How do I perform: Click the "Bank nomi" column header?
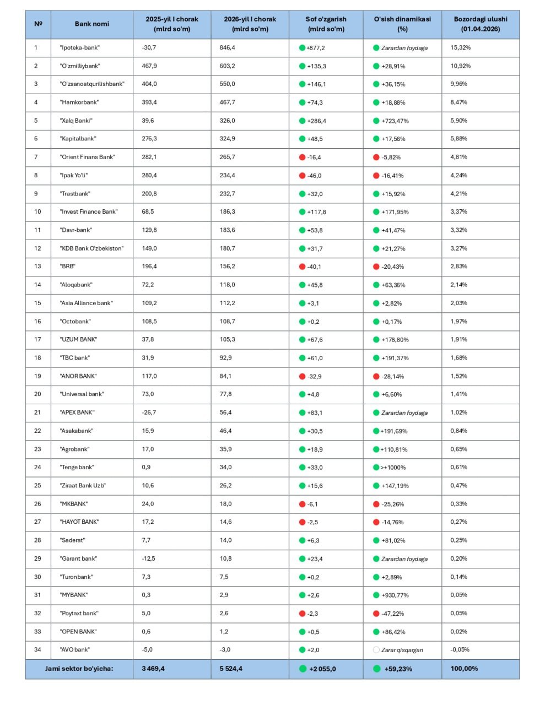pyautogui.click(x=91, y=24)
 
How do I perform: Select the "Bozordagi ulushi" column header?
pyautogui.click(x=480, y=24)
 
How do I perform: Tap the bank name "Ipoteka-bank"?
pyautogui.click(x=79, y=48)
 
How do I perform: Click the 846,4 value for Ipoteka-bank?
pyautogui.click(x=227, y=48)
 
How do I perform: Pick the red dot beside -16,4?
pyautogui.click(x=302, y=158)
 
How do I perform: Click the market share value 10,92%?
pyautogui.click(x=460, y=66)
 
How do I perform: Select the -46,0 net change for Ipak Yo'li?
pyautogui.click(x=314, y=176)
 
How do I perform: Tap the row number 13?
pyautogui.click(x=37, y=267)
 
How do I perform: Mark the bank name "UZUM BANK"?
pyautogui.click(x=78, y=339)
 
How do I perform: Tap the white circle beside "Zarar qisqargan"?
pyautogui.click(x=376, y=650)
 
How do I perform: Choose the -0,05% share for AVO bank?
pyautogui.click(x=460, y=650)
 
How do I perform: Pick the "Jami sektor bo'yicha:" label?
pyautogui.click(x=79, y=669)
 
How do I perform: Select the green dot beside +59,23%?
pyautogui.click(x=377, y=669)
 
